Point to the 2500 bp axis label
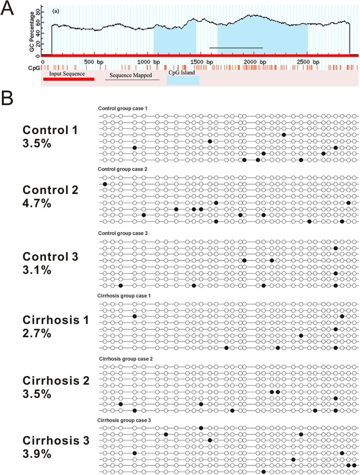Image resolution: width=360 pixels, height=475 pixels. (308, 62)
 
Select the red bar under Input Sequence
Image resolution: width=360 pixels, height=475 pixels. (69, 79)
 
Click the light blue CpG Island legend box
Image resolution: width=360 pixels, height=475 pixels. (183, 80)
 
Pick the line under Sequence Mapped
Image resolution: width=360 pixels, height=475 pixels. (132, 80)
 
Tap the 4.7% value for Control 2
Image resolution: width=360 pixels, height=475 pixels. (37, 203)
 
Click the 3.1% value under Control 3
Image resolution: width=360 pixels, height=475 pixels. (37, 270)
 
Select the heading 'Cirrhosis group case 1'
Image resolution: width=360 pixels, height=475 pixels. (124, 296)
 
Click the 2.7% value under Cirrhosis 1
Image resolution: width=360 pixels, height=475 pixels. (37, 333)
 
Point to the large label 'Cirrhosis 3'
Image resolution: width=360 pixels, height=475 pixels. (56, 441)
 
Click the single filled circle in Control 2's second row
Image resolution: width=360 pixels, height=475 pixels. (105, 184)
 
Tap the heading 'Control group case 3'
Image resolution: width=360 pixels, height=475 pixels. (123, 233)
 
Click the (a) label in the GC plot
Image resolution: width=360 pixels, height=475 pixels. (56, 11)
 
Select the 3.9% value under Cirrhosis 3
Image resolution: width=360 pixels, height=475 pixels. (37, 454)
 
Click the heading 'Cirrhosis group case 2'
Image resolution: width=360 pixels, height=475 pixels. (126, 359)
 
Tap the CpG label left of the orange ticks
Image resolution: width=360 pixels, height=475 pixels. (34, 68)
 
